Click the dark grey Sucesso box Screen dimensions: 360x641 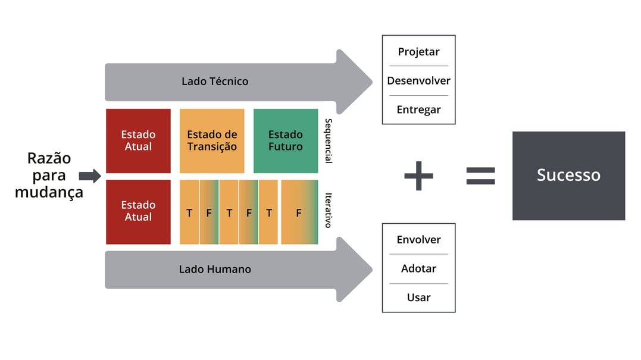coord(568,176)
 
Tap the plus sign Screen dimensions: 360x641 coord(418,176)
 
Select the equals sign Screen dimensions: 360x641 coord(480,176)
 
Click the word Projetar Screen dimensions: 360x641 coord(418,52)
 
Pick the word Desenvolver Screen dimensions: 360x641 coord(418,80)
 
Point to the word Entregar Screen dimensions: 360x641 coord(418,109)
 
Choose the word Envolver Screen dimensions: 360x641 coord(418,240)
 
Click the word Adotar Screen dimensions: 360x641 coord(418,268)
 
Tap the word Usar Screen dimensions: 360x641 coord(418,298)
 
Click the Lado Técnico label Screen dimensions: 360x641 coord(215,81)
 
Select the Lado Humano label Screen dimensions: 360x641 coord(215,270)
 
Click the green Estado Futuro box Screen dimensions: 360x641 coord(286,141)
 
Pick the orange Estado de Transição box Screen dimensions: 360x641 coord(212,141)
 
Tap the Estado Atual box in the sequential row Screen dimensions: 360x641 coord(138,141)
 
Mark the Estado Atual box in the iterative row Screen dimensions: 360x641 coord(138,211)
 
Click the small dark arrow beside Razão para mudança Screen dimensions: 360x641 coord(90,176)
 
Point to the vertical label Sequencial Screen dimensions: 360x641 coord(328,140)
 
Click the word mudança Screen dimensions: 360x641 coord(49,192)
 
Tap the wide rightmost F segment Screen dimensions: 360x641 coord(299,212)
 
